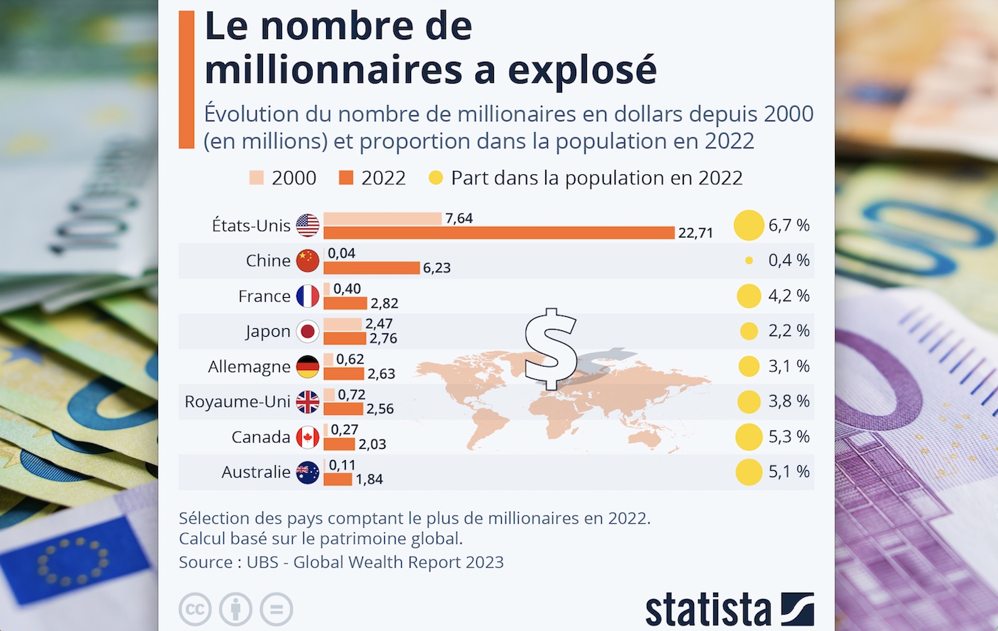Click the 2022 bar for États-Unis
click(499, 233)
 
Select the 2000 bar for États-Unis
click(383, 218)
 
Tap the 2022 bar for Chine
click(371, 267)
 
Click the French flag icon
click(308, 296)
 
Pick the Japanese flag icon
click(308, 331)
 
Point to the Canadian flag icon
click(308, 437)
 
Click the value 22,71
click(695, 233)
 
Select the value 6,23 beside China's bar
click(437, 268)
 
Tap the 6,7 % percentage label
click(789, 225)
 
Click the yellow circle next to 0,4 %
click(749, 261)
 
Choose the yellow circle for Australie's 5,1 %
click(749, 472)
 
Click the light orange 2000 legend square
click(257, 178)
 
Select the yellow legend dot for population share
click(436, 178)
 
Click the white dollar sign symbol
click(551, 348)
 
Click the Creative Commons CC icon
click(195, 609)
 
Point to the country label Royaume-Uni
click(237, 402)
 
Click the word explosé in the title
click(582, 69)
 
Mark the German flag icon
click(308, 367)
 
